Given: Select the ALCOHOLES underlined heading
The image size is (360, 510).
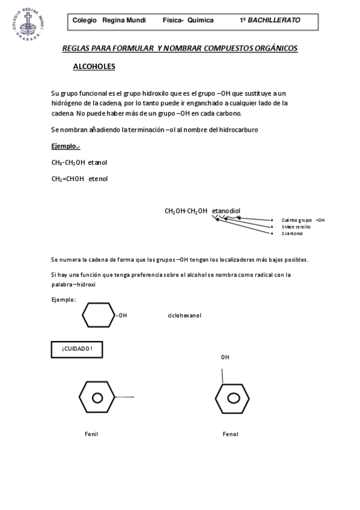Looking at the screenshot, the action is tap(94, 67).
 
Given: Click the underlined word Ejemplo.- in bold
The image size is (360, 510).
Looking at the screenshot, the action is tap(66, 146).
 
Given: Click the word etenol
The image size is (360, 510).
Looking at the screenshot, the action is tap(99, 179).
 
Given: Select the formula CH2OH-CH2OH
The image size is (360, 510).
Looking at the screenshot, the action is tap(186, 211).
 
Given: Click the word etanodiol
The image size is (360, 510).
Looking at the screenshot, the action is tap(226, 211).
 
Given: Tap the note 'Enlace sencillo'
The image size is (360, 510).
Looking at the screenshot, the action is tap(296, 227).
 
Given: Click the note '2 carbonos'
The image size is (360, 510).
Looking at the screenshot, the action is tap(292, 233).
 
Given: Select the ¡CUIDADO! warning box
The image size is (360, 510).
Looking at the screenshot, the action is tap(76, 349).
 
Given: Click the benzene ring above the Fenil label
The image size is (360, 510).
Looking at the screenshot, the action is tap(96, 398).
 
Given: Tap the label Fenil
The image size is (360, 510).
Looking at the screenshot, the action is tap(91, 434).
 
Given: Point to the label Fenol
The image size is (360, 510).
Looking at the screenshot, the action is tap(230, 434).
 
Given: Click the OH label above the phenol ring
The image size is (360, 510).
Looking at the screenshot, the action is tap(225, 357).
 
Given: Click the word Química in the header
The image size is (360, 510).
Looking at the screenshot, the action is tap(200, 20).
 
